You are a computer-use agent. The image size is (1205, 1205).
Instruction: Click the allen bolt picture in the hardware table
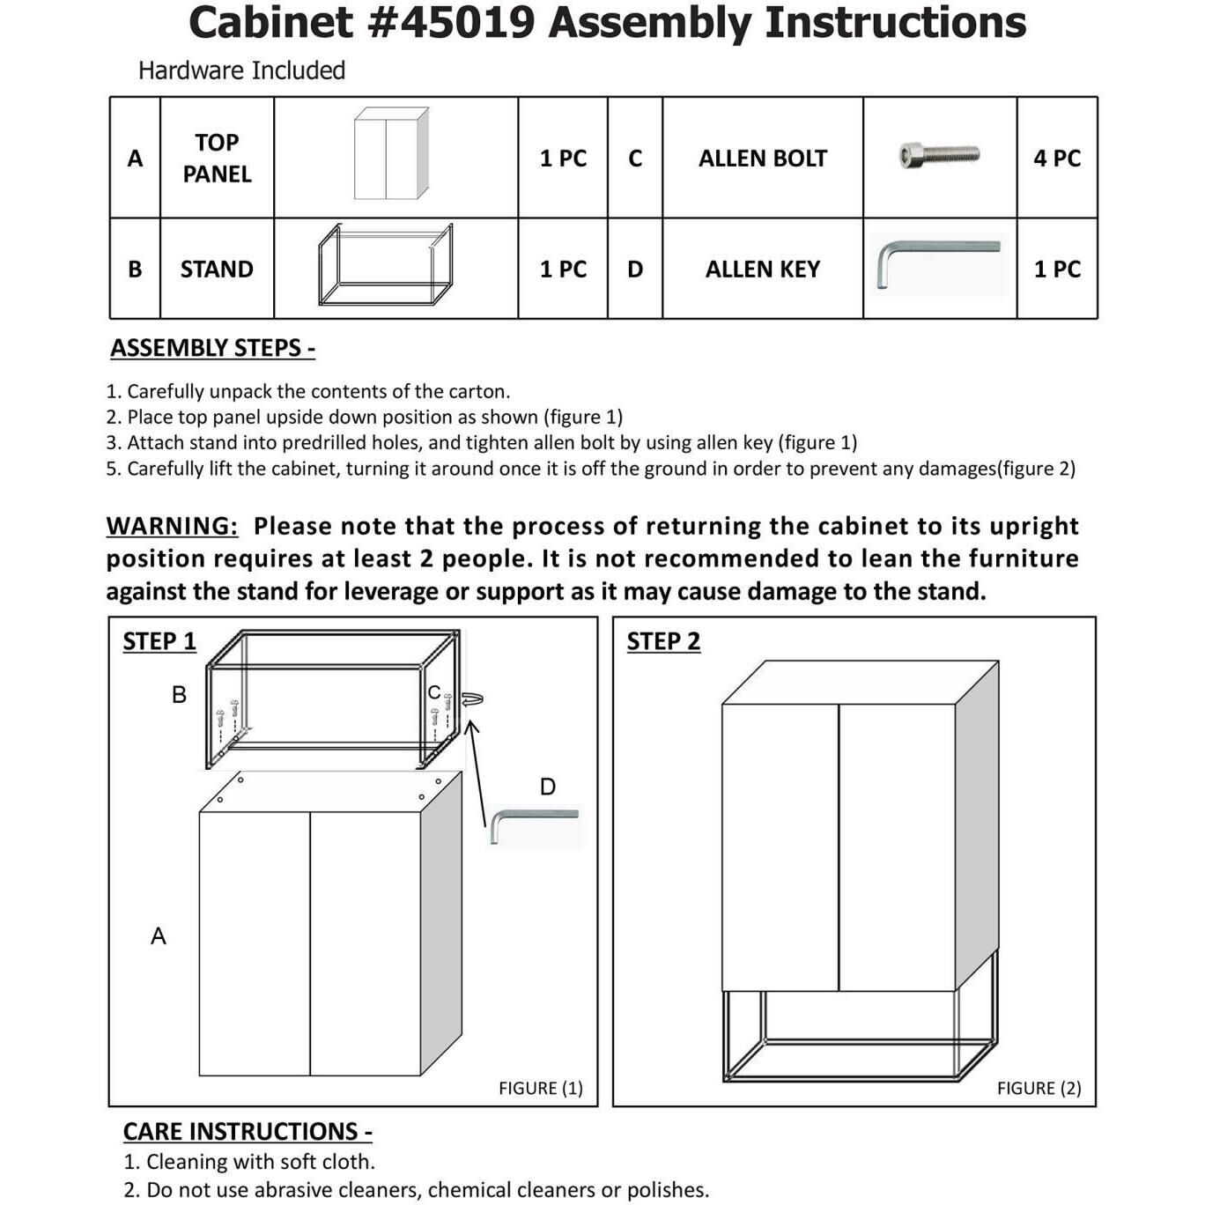pos(939,156)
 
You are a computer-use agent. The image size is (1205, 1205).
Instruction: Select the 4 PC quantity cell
pos(1057,159)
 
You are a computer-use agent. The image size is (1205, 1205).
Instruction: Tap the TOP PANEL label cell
pos(217,159)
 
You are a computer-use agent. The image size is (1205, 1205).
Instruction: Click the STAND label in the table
pos(217,270)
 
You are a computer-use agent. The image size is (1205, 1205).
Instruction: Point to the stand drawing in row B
pos(386,264)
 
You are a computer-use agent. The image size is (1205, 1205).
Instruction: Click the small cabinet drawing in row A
pos(391,154)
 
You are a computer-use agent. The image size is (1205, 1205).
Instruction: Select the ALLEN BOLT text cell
pos(763,159)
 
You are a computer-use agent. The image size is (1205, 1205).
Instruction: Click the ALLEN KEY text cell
pos(763,270)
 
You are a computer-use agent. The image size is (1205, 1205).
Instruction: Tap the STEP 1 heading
pos(159,641)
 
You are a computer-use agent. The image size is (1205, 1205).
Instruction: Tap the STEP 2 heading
pos(663,641)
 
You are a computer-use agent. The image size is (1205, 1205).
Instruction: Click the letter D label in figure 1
pos(547,787)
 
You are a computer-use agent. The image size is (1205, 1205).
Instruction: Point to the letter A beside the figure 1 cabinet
pos(159,935)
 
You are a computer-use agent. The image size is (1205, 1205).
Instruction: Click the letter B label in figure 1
pos(179,695)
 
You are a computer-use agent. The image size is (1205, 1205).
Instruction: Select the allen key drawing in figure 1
pos(534,824)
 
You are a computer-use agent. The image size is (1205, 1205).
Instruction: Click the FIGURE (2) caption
pos(1039,1088)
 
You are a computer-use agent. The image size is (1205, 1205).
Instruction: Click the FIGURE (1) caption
pos(541,1088)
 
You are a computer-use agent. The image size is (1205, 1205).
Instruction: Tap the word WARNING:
pos(172,526)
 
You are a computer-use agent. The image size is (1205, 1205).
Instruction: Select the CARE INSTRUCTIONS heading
pos(248,1131)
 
